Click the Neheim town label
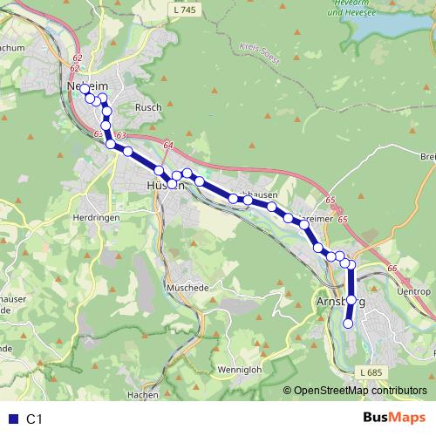click(86, 88)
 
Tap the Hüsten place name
click(163, 187)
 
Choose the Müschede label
click(187, 286)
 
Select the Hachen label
click(142, 394)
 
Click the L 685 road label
click(371, 372)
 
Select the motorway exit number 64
click(167, 145)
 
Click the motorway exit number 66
click(392, 268)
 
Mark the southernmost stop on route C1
click(348, 324)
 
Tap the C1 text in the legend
click(34, 419)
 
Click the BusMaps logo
click(394, 418)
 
